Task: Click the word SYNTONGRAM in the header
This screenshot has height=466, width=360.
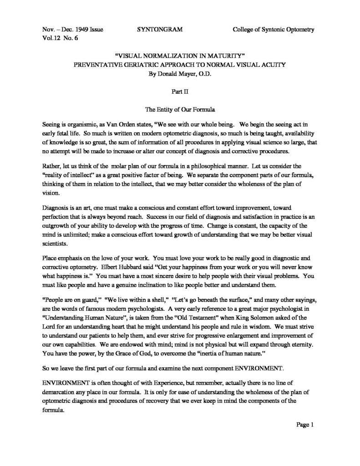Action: point(159,30)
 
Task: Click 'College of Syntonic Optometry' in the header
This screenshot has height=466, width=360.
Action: point(274,30)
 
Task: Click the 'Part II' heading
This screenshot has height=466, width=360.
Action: point(180,91)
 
